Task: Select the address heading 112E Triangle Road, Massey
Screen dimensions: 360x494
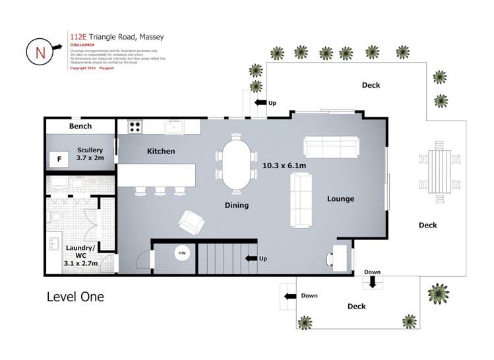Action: coord(116,37)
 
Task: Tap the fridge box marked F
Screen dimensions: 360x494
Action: coord(59,159)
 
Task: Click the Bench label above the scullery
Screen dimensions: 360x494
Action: coord(80,126)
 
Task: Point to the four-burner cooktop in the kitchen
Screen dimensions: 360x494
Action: coord(135,126)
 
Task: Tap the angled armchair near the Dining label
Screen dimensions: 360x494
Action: coord(191,222)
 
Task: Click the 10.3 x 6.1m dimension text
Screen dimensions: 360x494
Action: coord(284,165)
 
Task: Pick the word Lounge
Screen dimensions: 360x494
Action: coord(340,198)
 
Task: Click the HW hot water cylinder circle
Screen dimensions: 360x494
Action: coord(181,253)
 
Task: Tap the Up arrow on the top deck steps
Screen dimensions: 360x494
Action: coord(261,103)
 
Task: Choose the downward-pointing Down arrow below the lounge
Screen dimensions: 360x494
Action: coord(372,282)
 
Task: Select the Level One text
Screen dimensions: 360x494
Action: coord(75,297)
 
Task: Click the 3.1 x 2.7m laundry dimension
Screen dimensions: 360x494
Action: coord(80,262)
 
